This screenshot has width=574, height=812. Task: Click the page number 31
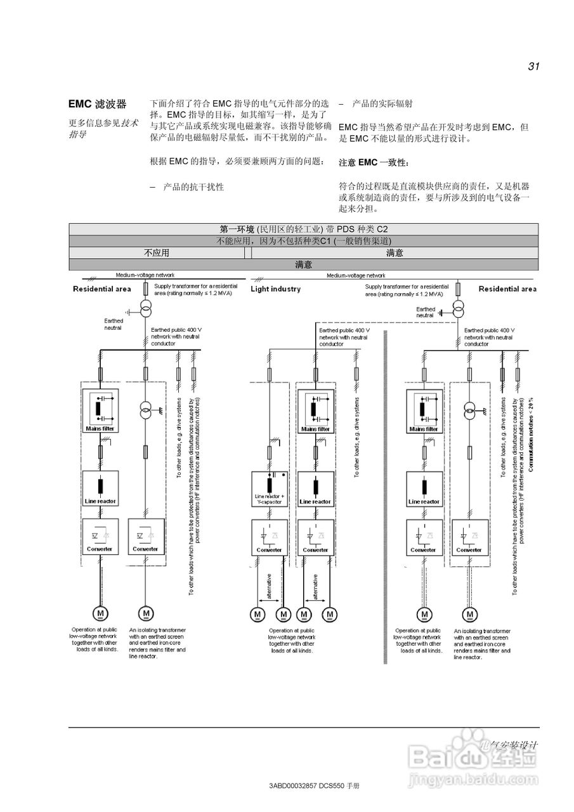(533, 67)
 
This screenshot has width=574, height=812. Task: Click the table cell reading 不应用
(157, 252)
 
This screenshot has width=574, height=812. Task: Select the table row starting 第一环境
(303, 229)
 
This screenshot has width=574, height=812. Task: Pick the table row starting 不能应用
(303, 241)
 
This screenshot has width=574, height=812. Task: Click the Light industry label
(276, 289)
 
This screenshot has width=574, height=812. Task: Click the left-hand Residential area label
(102, 289)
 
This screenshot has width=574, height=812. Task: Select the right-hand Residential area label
(507, 289)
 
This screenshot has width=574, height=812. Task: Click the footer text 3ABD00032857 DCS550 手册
(315, 785)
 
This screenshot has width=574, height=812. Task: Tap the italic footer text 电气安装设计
(509, 745)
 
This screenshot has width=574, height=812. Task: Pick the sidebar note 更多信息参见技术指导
(103, 128)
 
